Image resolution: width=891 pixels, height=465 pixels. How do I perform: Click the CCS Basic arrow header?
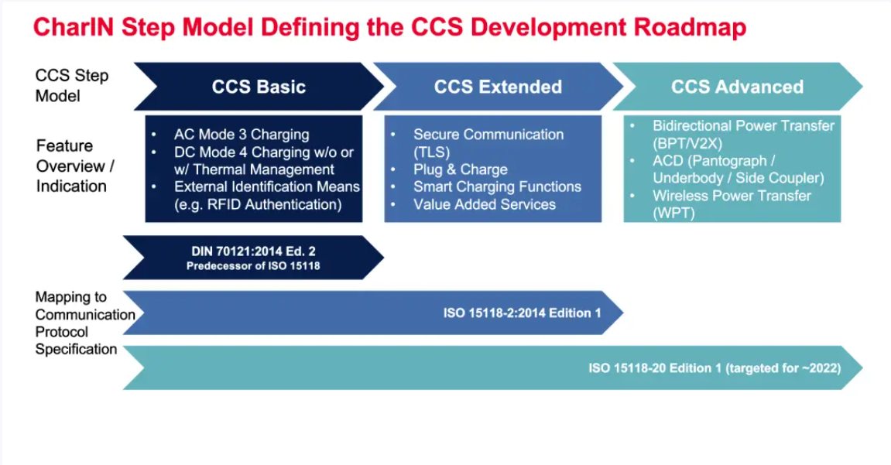click(x=259, y=87)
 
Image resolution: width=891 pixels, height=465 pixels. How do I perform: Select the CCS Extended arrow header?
click(x=498, y=87)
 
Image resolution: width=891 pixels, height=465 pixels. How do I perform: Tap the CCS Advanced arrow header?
click(x=737, y=87)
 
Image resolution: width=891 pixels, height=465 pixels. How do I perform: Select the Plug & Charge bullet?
click(x=460, y=169)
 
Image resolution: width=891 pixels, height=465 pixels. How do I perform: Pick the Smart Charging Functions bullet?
click(x=497, y=186)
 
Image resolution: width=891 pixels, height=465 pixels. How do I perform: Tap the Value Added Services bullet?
click(x=485, y=204)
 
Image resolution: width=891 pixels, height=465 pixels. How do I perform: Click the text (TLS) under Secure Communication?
click(x=431, y=152)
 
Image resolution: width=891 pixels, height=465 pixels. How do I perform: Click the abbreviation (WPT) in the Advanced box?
click(x=673, y=213)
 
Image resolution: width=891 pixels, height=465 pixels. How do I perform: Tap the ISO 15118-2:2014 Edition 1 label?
click(x=522, y=313)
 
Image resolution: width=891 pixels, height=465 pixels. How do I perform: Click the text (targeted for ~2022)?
click(x=783, y=368)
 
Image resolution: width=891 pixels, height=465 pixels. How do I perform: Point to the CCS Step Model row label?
click(x=72, y=86)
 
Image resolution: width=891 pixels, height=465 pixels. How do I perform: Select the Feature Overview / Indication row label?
click(x=71, y=166)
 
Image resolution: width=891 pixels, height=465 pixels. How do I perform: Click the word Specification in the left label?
click(x=76, y=350)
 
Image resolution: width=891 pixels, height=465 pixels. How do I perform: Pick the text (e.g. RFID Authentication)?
click(x=258, y=204)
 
